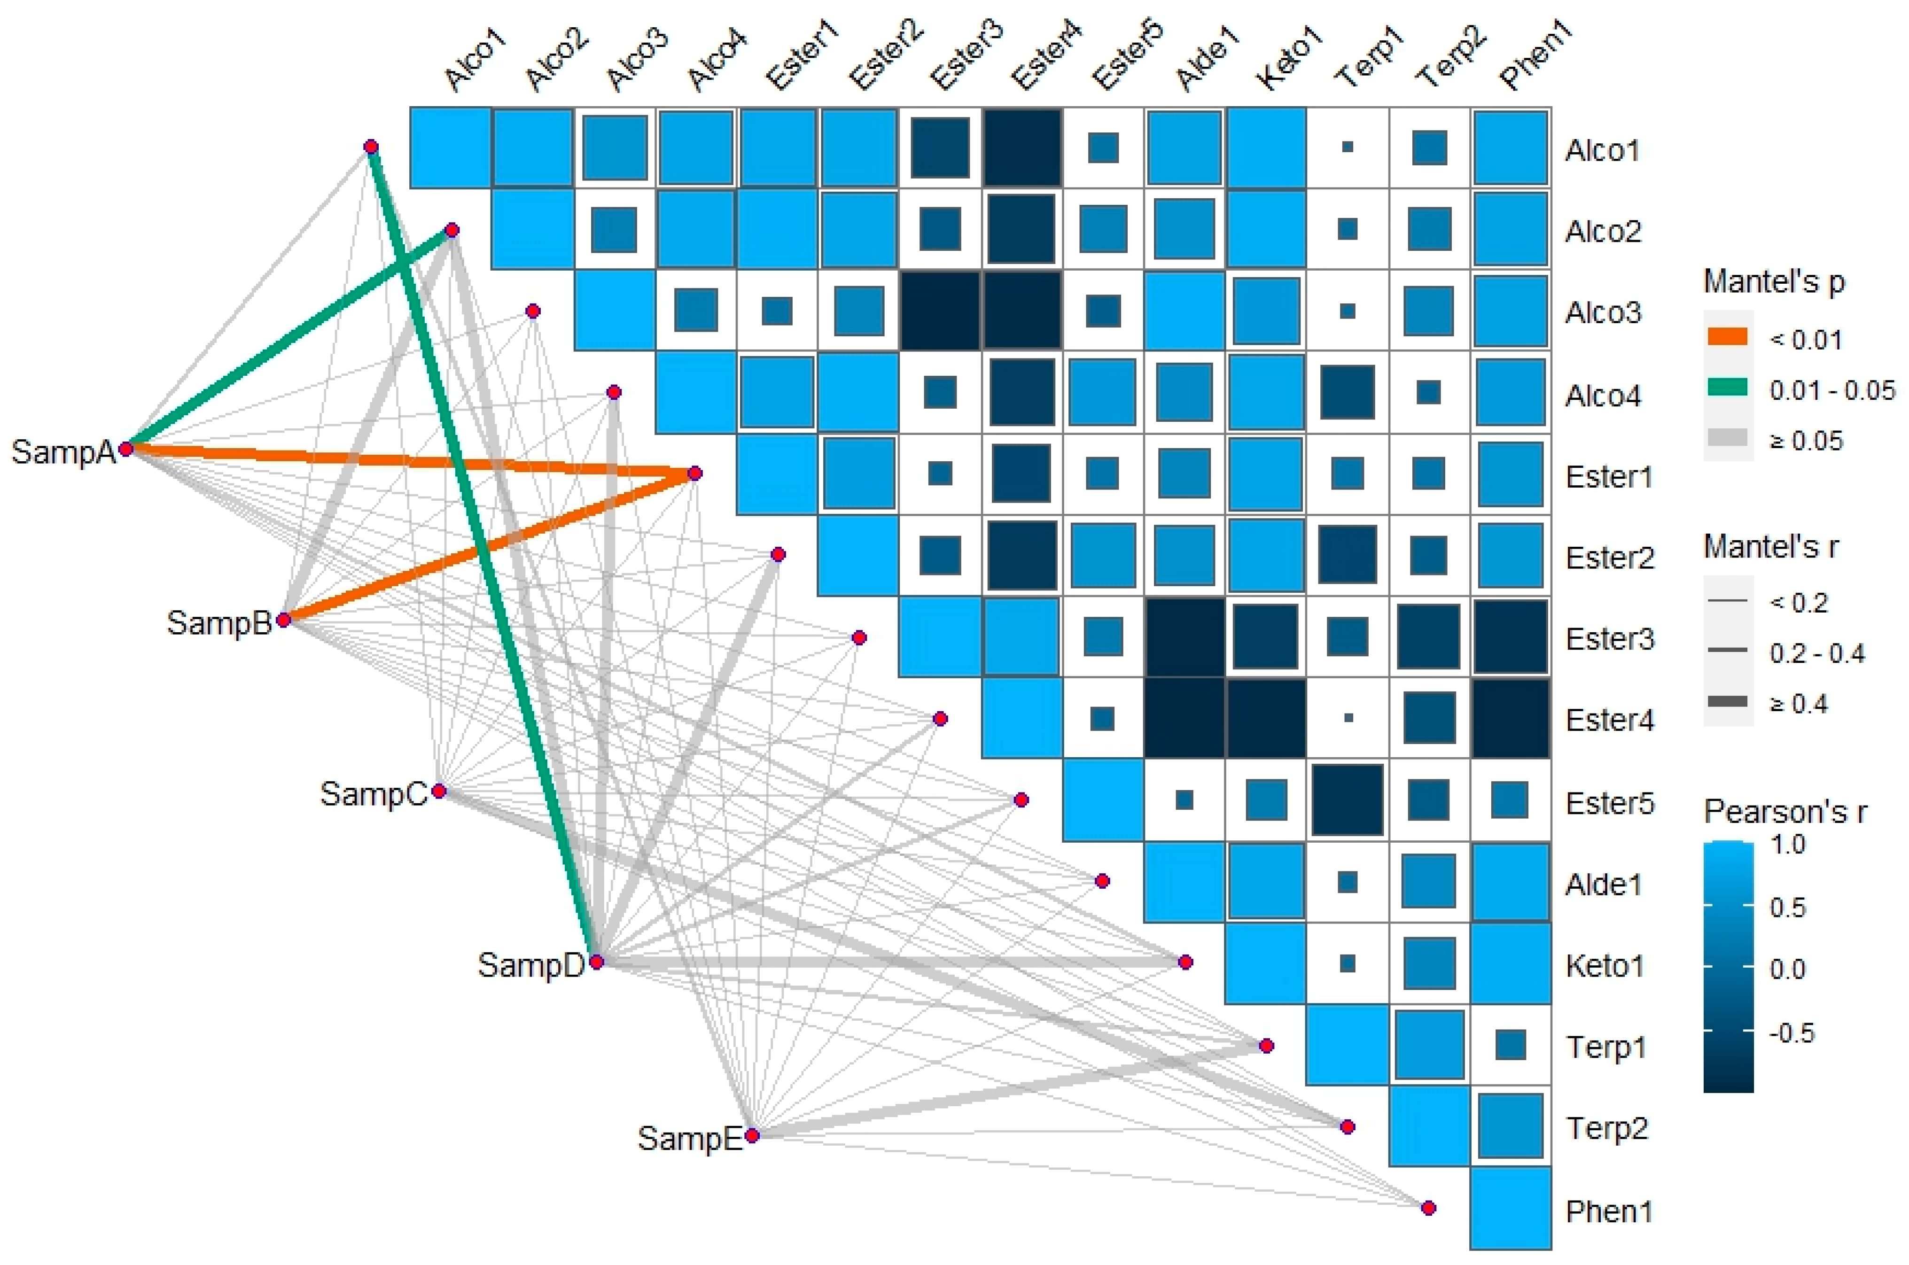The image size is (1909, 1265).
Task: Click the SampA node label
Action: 63,452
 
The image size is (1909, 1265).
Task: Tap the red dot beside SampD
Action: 596,962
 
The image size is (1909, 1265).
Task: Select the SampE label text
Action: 689,1138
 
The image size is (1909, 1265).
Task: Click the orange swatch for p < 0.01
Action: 1728,337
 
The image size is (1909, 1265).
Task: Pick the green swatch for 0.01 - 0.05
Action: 1728,388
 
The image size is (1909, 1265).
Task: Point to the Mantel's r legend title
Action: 1770,547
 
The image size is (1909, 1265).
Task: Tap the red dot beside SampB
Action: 283,620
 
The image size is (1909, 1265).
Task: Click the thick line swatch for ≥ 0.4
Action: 1728,702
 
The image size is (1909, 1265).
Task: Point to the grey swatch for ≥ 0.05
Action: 1728,438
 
